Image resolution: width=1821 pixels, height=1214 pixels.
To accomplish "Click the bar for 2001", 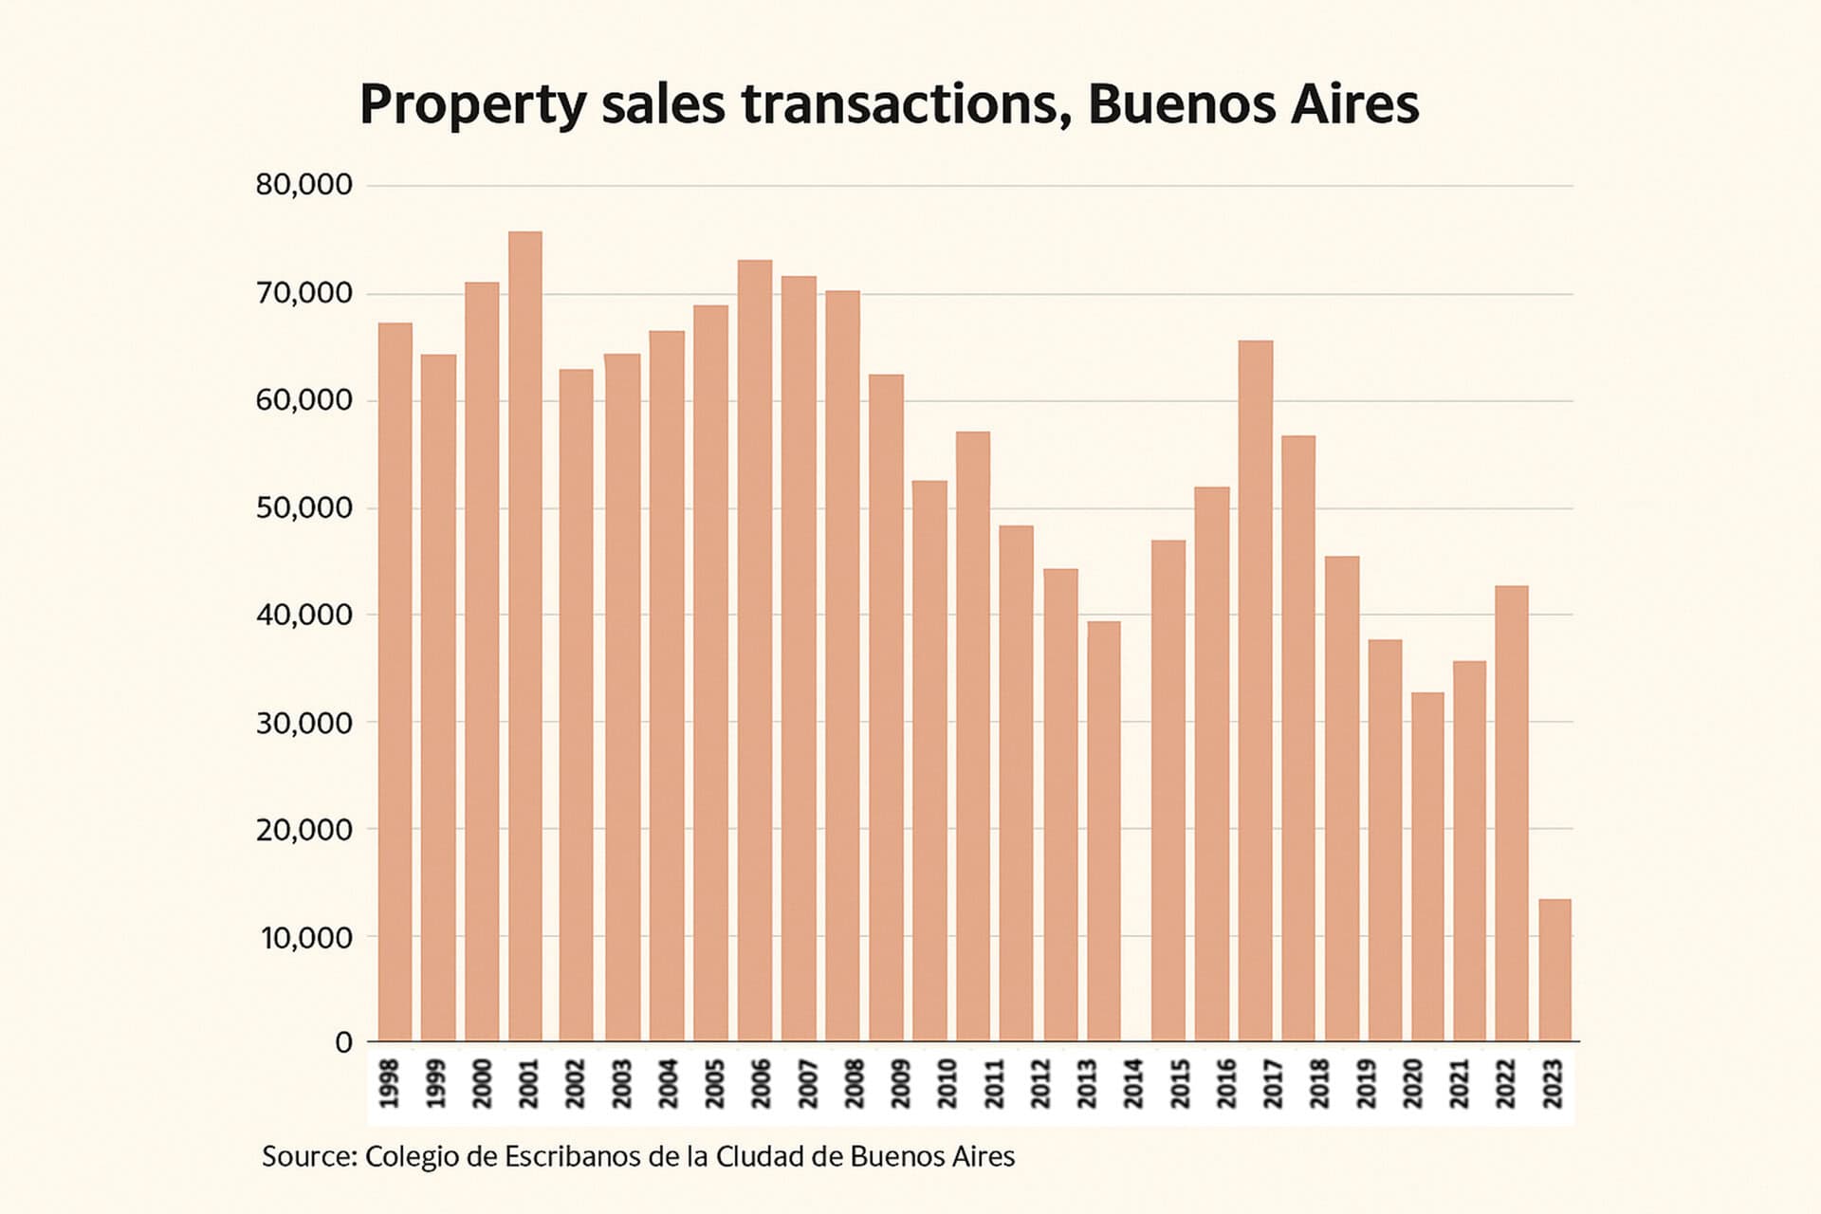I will pos(525,635).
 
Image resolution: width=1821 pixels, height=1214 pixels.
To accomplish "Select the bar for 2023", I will pos(1554,969).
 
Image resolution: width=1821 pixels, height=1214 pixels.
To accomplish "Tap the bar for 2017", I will pos(1256,690).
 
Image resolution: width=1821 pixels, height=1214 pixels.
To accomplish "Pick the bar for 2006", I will pos(755,650).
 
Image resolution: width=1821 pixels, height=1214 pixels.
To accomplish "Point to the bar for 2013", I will pos(1104,831).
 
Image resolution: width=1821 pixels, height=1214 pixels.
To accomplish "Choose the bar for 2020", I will pos(1427,866).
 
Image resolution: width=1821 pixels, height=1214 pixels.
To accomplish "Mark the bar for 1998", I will pos(395,681).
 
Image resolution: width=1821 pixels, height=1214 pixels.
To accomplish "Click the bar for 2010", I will pos(929,761).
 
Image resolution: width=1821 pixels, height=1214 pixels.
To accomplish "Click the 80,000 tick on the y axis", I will pos(303,185).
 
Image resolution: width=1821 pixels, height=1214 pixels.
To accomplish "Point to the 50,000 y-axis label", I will pos(303,508).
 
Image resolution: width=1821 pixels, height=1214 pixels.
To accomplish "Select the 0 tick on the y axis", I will pos(343,1043).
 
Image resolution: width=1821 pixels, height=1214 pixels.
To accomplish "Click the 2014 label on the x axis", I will pos(1133,1084).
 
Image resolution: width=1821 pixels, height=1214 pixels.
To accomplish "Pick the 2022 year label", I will pos(1506,1084).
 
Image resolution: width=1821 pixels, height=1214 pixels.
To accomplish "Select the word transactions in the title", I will pos(898,104).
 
